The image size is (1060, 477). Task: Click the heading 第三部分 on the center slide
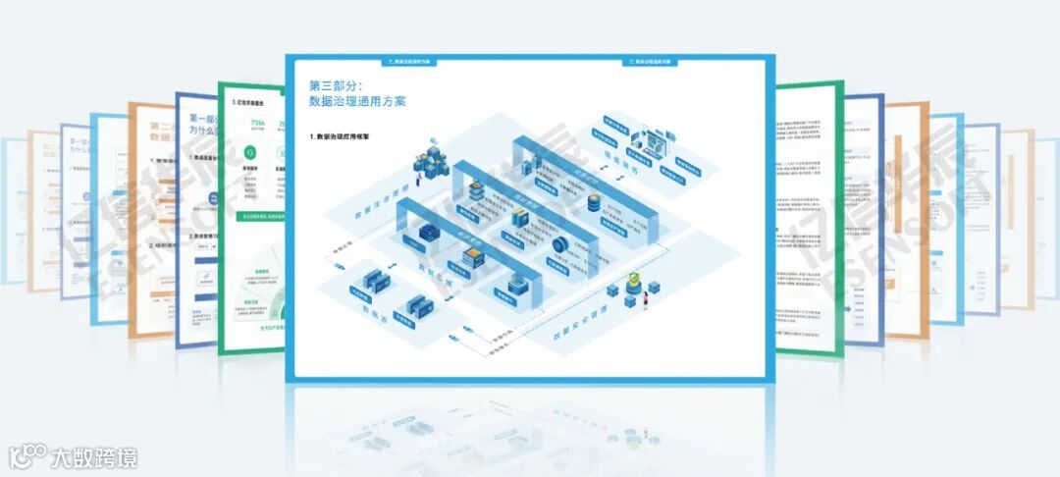(x=337, y=85)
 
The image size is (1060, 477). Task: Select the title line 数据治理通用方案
(x=357, y=101)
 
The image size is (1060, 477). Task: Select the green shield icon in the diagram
(x=633, y=283)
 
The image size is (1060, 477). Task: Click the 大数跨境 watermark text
(x=94, y=456)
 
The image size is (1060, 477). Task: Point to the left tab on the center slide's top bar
(x=408, y=61)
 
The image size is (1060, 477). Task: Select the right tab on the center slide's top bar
(x=651, y=61)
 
